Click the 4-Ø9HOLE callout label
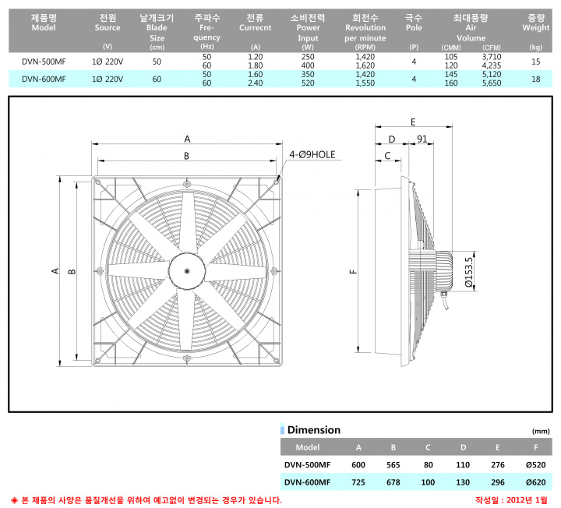pos(312,154)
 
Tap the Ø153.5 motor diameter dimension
pos(469,272)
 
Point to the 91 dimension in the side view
pos(422,139)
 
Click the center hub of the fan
pos(187,271)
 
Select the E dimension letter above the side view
pos(413,122)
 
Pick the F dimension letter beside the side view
pos(353,271)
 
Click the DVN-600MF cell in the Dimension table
pos(307,482)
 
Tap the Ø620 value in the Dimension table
pos(535,482)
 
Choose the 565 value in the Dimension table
pos(393,464)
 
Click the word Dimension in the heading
pos(314,429)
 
